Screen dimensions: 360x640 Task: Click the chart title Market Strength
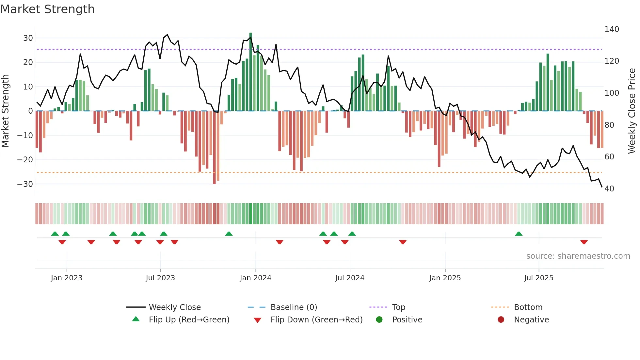pyautogui.click(x=47, y=9)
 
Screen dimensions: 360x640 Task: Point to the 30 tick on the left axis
pyautogui.click(x=28, y=38)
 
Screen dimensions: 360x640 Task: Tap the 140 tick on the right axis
pyautogui.click(x=612, y=29)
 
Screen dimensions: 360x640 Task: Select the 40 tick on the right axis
pyautogui.click(x=609, y=189)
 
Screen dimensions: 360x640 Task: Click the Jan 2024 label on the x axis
pyautogui.click(x=255, y=278)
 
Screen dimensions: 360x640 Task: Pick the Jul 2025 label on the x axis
pyautogui.click(x=538, y=278)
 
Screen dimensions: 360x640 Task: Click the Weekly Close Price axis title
pyautogui.click(x=632, y=111)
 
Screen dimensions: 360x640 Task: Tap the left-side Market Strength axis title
pyautogui.click(x=5, y=111)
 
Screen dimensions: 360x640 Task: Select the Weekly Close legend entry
pyautogui.click(x=174, y=307)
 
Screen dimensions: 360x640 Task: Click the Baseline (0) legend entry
pyautogui.click(x=294, y=307)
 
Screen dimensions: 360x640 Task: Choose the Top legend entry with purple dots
pyautogui.click(x=398, y=307)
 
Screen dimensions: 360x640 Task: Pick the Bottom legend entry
pyautogui.click(x=528, y=307)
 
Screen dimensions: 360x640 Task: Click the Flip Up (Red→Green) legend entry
pyautogui.click(x=189, y=320)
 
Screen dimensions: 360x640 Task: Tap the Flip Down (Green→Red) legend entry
pyautogui.click(x=316, y=320)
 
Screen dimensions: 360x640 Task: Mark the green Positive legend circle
pyautogui.click(x=379, y=320)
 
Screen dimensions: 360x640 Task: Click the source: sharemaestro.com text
pyautogui.click(x=578, y=256)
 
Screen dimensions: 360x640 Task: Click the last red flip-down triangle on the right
pyautogui.click(x=584, y=242)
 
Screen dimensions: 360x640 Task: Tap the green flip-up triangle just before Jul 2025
pyautogui.click(x=519, y=234)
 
